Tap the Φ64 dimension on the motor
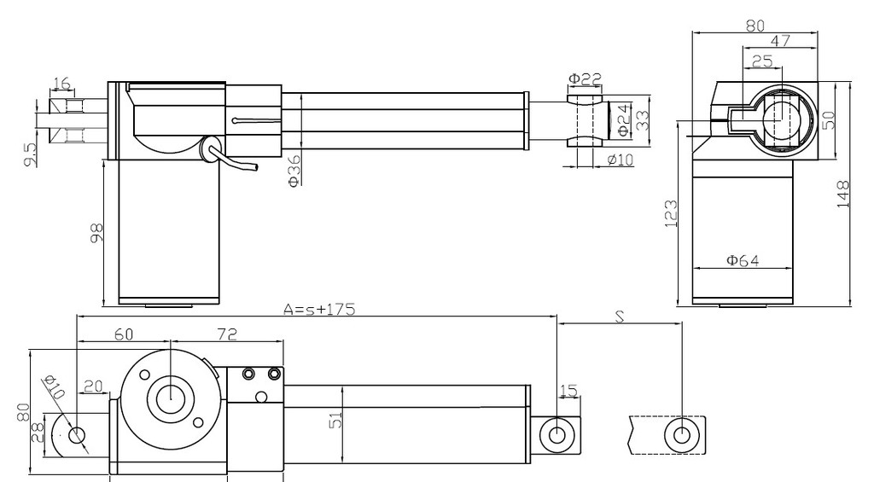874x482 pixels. (x=743, y=260)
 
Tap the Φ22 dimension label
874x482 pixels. (x=585, y=78)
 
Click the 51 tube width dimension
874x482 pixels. (x=335, y=421)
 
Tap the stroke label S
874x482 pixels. (x=620, y=316)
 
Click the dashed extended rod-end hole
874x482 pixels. (x=682, y=435)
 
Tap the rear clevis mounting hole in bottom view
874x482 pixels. (x=77, y=435)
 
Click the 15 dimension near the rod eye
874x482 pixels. (x=568, y=391)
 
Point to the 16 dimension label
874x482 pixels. (x=61, y=84)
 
